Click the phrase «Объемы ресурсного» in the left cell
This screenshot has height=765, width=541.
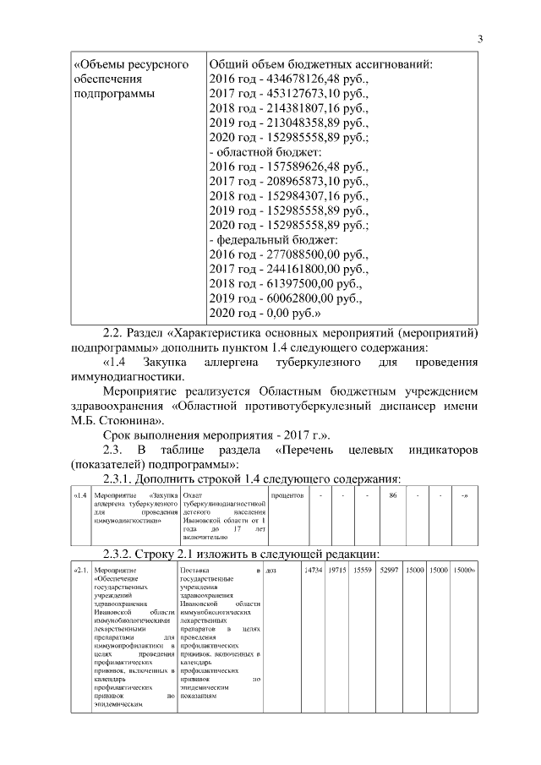tap(129, 64)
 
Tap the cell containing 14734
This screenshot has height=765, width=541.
tap(313, 572)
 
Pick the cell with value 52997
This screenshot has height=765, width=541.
tap(390, 572)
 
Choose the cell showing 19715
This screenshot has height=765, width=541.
tap(338, 572)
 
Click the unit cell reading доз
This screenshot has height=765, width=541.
tap(271, 572)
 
